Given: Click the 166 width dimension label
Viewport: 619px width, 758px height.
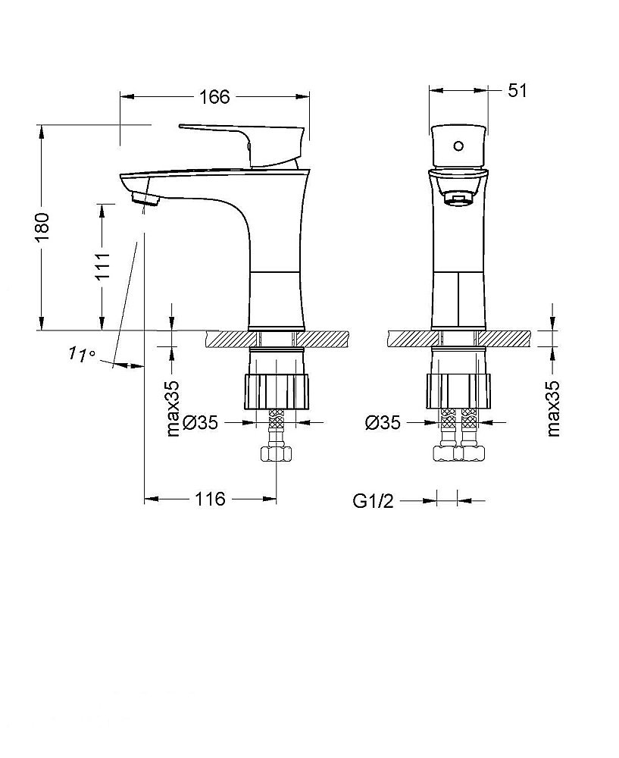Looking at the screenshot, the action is [x=214, y=97].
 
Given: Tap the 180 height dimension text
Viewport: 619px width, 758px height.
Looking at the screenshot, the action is [x=42, y=227].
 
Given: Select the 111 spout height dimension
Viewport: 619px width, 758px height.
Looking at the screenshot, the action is [x=102, y=265].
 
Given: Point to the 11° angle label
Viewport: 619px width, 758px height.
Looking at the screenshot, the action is [x=81, y=354].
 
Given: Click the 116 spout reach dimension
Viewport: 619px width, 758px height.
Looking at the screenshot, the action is [x=210, y=499].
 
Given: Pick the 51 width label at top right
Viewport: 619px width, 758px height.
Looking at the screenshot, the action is [x=517, y=90].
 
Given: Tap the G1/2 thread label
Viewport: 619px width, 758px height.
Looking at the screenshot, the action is [x=373, y=501].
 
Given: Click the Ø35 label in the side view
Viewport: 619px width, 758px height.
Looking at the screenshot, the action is [x=200, y=422].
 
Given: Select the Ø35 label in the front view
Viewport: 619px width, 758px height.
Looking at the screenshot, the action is [x=383, y=422].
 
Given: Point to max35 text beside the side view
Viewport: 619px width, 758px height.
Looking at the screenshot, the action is [x=173, y=409].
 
